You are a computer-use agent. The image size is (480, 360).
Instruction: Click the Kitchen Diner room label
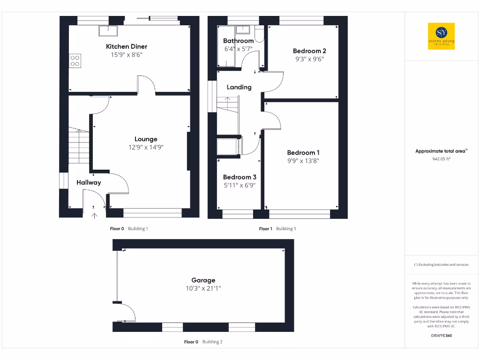point(127,46)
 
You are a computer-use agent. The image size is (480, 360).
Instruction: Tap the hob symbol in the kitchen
point(75,60)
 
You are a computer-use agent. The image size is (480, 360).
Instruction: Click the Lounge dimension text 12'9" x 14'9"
point(146,147)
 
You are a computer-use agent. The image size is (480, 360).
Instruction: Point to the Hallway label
point(89,182)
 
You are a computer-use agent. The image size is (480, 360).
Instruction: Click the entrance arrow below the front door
point(94,216)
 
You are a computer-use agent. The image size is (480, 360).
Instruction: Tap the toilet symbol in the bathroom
point(259,34)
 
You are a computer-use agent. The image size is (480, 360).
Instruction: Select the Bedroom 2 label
point(309,51)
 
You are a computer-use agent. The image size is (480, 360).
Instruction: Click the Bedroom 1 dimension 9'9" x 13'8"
point(303,161)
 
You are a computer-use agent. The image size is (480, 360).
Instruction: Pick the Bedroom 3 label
point(240,177)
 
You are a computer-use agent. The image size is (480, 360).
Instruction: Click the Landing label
point(239,87)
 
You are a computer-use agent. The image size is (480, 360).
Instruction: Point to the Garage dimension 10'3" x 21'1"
point(203,289)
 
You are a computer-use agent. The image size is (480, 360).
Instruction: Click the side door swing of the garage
point(126,311)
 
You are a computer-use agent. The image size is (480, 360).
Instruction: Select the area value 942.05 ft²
point(441,158)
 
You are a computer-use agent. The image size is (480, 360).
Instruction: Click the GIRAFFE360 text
point(441,336)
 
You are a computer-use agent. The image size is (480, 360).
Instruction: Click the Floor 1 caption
point(265,229)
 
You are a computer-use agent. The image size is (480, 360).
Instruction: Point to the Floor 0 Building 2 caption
point(203,342)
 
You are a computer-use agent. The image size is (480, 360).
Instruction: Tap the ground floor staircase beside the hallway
point(79,145)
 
